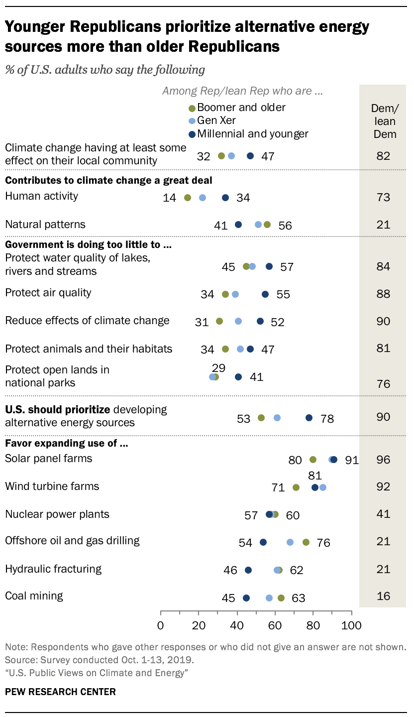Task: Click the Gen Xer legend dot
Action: pos(192,121)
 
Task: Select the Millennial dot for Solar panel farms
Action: pos(334,460)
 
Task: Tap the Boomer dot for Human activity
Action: pos(188,198)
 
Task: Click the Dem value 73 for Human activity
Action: pos(383,197)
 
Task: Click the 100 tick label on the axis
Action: pos(351,625)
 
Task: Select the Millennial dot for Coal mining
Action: pos(246,598)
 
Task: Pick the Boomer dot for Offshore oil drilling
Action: pos(306,542)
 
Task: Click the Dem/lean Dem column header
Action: pos(383,121)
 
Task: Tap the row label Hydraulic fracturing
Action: pos(53,569)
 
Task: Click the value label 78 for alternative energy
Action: pos(327,419)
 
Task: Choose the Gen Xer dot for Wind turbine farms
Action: pos(323,487)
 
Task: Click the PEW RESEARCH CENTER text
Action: pos(60,692)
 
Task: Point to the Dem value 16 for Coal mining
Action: pos(383,597)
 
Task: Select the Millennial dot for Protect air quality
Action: pos(265,294)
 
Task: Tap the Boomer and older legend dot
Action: pos(192,108)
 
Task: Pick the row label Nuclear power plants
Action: pos(57,514)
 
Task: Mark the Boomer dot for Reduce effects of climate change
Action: pos(219,321)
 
